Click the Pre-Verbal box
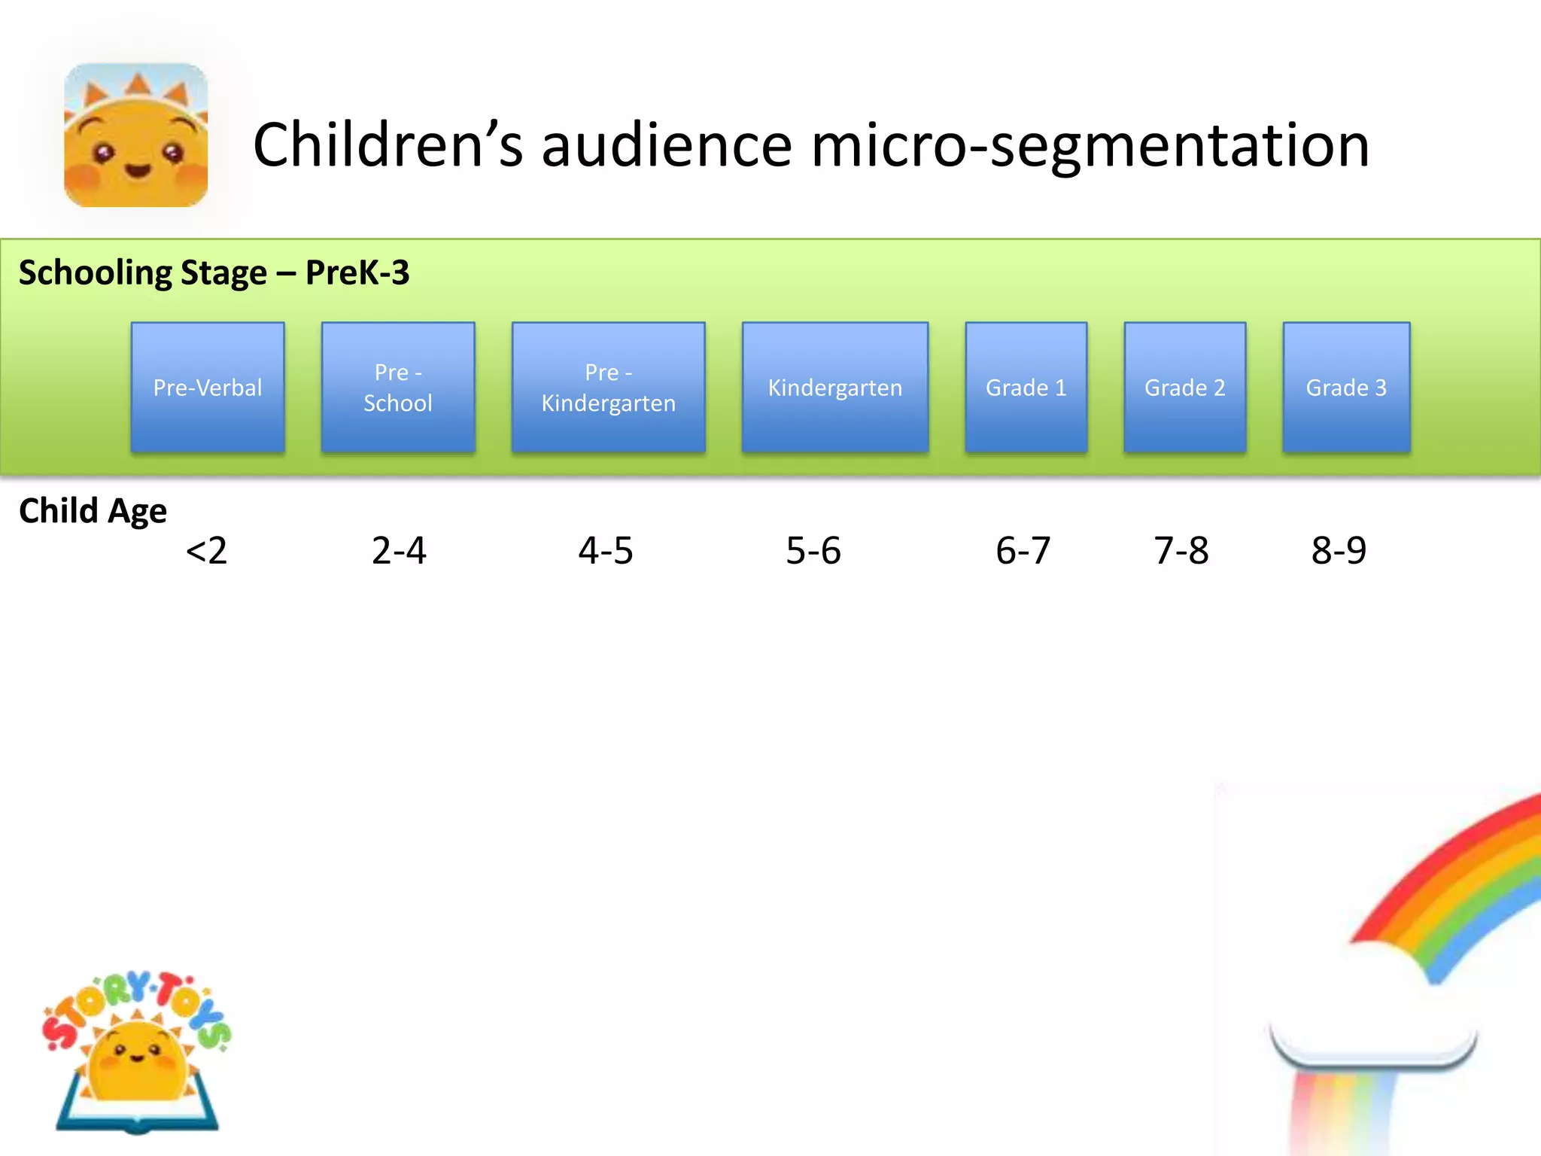pos(208,387)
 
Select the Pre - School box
pos(398,387)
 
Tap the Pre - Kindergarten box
pos(608,387)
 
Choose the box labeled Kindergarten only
pos(834,387)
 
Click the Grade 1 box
pos(1026,387)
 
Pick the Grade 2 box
pos(1184,387)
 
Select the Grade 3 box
pos(1345,387)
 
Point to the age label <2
pos(206,550)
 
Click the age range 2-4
pos(399,550)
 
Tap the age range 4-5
pos(606,550)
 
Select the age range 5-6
pos(813,550)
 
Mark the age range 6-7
pos(1023,550)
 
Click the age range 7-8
pos(1181,550)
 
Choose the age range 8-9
pos(1339,550)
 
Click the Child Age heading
pos(93,511)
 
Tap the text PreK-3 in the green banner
pos(357,272)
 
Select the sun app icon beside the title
pos(136,135)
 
